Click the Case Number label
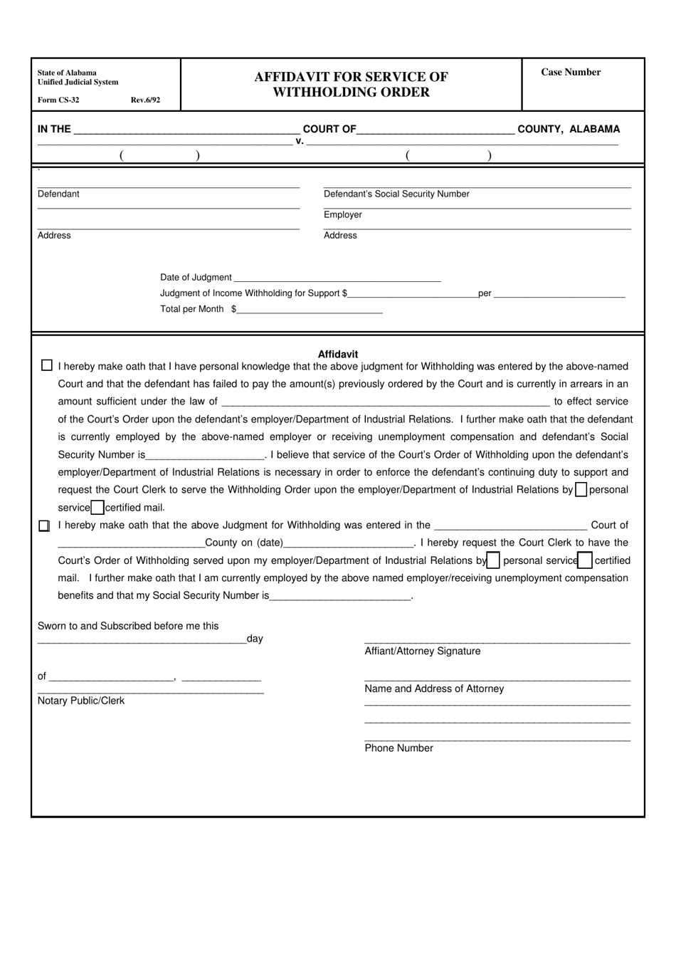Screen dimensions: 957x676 click(x=571, y=72)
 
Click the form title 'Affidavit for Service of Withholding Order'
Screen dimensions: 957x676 click(x=351, y=84)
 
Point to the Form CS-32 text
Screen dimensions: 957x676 click(x=58, y=100)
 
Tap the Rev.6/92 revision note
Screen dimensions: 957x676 click(x=145, y=100)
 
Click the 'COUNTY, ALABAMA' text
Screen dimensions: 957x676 click(x=569, y=129)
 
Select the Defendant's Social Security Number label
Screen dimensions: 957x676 click(x=396, y=194)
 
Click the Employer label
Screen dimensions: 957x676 click(x=342, y=214)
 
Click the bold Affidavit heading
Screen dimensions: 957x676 click(x=338, y=354)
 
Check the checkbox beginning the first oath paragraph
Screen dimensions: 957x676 click(x=47, y=365)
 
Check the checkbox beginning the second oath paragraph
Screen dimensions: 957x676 click(x=44, y=525)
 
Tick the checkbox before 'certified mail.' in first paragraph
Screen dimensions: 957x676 click(x=97, y=508)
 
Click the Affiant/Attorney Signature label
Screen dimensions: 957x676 click(x=422, y=651)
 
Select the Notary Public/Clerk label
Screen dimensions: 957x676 click(x=81, y=701)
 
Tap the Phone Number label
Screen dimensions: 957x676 click(x=398, y=748)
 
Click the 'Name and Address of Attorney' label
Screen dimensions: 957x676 click(x=434, y=689)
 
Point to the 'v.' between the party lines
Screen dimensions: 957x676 click(x=300, y=141)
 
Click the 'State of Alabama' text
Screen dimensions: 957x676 click(x=67, y=73)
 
